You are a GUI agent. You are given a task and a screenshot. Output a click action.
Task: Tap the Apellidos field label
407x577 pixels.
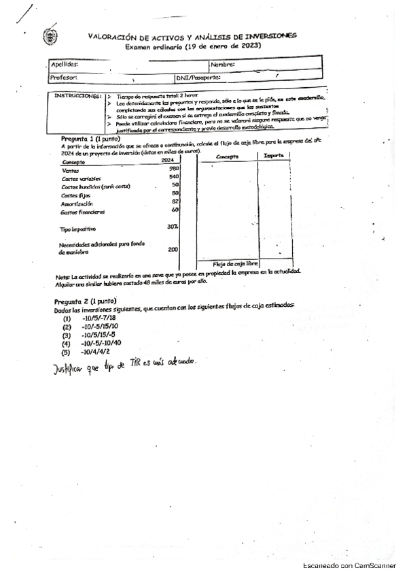(65, 64)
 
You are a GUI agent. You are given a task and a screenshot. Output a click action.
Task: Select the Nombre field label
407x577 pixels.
(222, 64)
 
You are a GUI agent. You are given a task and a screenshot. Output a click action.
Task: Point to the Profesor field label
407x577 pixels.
(65, 78)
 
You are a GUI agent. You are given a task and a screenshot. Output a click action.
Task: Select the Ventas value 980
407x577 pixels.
(173, 168)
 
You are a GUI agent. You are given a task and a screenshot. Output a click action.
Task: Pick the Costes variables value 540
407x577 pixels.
(173, 177)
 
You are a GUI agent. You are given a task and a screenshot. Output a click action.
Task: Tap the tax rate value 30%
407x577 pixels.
(173, 226)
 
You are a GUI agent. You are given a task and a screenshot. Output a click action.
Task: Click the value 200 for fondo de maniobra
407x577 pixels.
(173, 249)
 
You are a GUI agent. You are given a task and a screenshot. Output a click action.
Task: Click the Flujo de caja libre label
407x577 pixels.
(235, 263)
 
